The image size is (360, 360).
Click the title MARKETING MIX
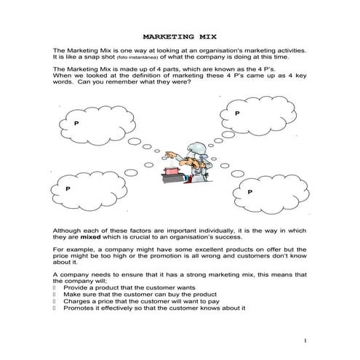(179, 35)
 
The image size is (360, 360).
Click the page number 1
(306, 341)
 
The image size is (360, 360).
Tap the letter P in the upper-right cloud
(237, 113)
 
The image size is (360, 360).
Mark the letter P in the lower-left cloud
(68, 188)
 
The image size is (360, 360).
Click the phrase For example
(73, 249)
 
